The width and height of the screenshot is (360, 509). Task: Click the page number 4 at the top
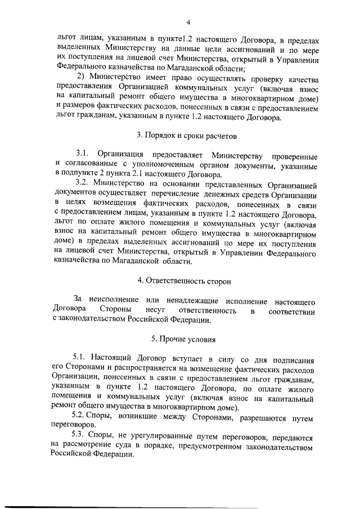coord(190,22)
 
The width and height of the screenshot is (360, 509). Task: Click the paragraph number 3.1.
coord(83,155)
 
